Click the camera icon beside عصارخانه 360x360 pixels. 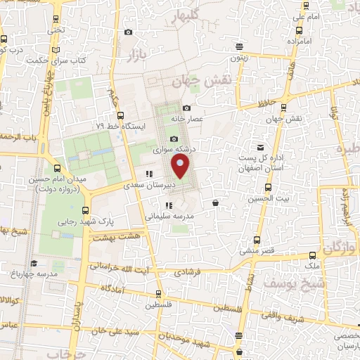(186, 108)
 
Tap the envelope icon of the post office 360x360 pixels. (261, 148)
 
